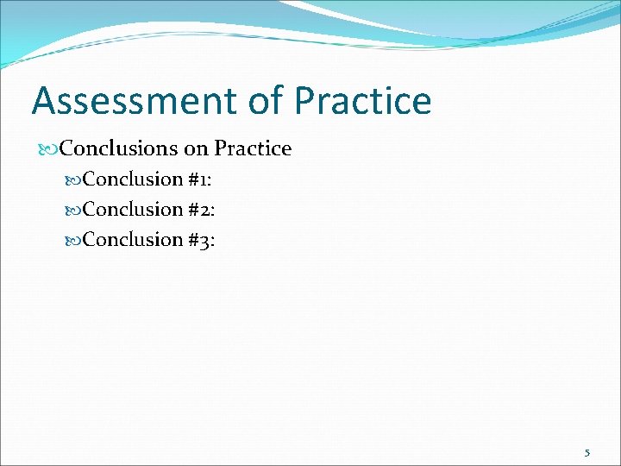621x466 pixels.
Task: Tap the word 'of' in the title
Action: coord(265,101)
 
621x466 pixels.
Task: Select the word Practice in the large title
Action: coord(363,101)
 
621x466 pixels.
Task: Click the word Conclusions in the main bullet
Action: coord(119,148)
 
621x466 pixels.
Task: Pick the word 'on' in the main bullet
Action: coord(196,148)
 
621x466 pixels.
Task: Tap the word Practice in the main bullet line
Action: coord(253,148)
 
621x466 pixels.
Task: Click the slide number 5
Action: coord(587,452)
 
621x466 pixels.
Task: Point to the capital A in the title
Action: coord(44,101)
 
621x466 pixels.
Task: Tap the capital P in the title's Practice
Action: coord(304,101)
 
